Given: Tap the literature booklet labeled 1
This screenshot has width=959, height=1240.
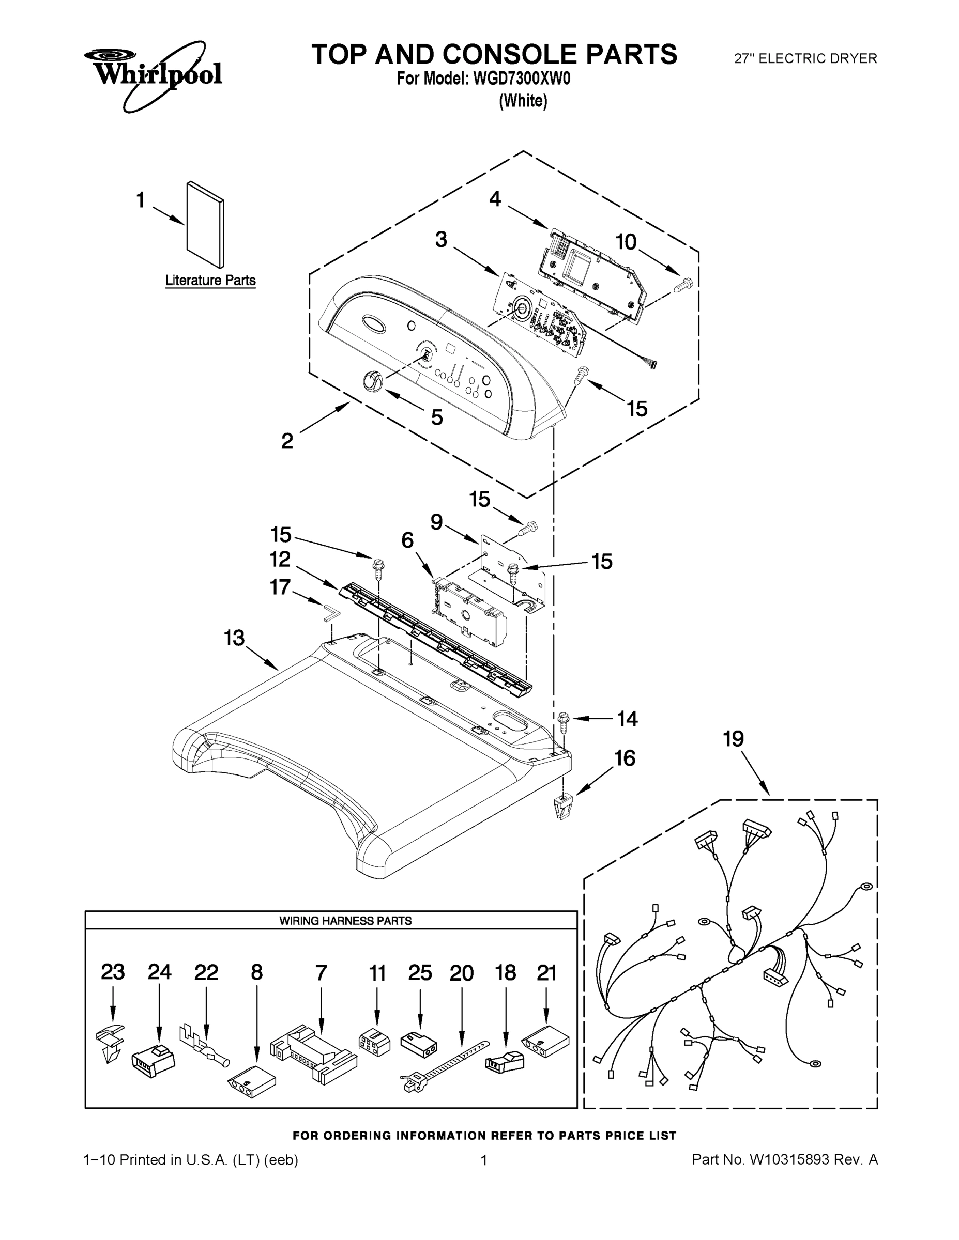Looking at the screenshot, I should tap(205, 224).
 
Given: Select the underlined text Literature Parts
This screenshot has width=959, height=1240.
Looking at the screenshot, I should tap(210, 281).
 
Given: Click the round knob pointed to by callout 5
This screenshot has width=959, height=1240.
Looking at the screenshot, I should tap(372, 379).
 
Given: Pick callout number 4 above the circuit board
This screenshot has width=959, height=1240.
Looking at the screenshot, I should tap(495, 199).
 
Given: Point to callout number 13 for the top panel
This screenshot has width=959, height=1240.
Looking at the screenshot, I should tap(234, 638).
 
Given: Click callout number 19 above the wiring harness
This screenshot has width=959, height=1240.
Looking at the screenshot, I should tap(733, 739).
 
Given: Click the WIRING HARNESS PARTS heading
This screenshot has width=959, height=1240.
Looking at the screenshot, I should tap(345, 921).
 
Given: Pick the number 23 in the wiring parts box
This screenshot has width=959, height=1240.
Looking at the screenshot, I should tap(113, 972).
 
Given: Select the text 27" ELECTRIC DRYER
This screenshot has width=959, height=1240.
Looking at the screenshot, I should tap(805, 58).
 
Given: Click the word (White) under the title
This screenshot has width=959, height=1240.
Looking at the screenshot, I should tap(523, 101).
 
